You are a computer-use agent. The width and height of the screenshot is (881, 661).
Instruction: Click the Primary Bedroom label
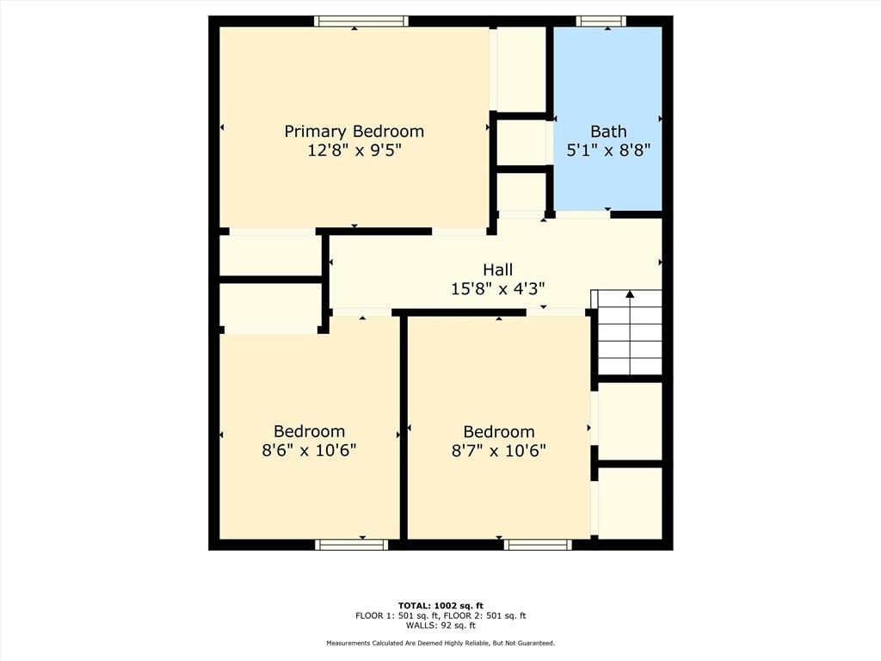coord(354,132)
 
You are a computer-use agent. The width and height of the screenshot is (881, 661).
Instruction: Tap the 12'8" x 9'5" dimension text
coord(354,150)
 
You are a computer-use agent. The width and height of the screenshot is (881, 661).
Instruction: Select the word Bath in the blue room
coord(608,132)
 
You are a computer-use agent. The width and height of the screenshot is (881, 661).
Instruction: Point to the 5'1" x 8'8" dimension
coord(608,150)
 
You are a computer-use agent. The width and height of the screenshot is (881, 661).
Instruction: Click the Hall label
coord(498,269)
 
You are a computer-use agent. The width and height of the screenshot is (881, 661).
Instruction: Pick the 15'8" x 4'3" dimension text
coord(498,289)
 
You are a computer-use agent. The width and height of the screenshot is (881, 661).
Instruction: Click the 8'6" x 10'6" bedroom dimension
coord(309,450)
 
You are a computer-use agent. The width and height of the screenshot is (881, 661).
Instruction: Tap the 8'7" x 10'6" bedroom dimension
coord(499,451)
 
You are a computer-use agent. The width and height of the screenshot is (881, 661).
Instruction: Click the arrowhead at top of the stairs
coord(630,294)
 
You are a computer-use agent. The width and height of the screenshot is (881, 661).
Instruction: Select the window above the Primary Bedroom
coord(361,22)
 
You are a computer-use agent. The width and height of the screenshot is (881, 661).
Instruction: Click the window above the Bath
coord(601,22)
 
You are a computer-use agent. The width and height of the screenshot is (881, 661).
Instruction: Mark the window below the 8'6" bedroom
coord(352,544)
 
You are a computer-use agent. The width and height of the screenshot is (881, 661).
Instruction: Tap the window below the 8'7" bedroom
coord(538,544)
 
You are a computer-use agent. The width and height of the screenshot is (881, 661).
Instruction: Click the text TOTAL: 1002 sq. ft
coord(440,605)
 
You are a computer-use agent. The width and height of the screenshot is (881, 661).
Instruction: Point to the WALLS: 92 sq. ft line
coord(440,625)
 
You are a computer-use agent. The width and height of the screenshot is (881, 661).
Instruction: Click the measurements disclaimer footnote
coord(440,643)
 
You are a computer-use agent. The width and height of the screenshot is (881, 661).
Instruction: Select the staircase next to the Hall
coord(630,332)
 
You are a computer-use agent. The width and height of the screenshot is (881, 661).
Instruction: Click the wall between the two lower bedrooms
coord(404,427)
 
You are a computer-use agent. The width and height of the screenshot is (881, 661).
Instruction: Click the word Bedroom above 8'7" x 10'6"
coord(499,432)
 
